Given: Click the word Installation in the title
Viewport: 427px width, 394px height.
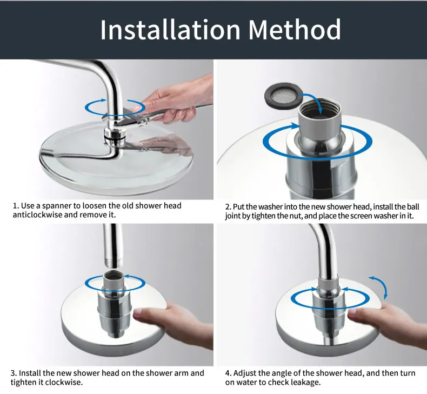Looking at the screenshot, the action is click(170, 29).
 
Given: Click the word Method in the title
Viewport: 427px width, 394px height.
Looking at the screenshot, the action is click(295, 29).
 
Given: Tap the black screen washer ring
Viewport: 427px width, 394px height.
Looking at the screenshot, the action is click(284, 95).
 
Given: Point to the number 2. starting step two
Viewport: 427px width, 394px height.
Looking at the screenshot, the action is click(228, 207).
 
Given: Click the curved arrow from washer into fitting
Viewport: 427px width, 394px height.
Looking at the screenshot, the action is click(313, 102).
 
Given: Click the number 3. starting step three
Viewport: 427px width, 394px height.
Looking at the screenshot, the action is click(14, 373).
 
